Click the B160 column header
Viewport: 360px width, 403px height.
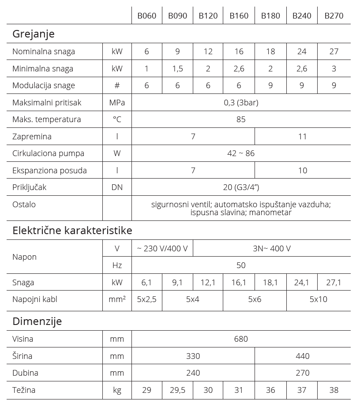(x=239, y=16)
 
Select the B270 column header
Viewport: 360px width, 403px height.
(x=334, y=16)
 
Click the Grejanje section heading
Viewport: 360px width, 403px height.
(x=34, y=34)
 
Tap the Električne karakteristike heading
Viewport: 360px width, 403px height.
(x=72, y=230)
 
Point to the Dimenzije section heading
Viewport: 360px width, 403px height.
(x=37, y=321)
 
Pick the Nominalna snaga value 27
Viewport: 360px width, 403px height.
(x=334, y=52)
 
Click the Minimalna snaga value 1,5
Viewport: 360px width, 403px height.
(x=177, y=69)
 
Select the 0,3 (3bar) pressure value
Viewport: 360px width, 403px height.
(x=241, y=103)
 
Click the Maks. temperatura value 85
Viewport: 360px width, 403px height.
(x=241, y=119)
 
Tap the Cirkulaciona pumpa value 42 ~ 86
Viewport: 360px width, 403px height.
(x=241, y=153)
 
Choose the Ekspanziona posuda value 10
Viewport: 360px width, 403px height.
(x=302, y=171)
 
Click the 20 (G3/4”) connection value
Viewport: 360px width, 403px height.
(x=241, y=187)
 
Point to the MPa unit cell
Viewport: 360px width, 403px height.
(x=117, y=103)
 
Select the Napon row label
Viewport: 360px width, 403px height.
(x=25, y=257)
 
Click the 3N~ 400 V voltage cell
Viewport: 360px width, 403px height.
(x=271, y=249)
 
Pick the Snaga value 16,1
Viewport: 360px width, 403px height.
(x=239, y=283)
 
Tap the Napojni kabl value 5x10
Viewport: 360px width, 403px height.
(x=318, y=299)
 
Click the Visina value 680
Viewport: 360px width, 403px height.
(x=241, y=339)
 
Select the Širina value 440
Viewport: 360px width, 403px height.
(x=302, y=356)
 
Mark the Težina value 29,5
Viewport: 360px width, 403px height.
(x=177, y=390)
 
